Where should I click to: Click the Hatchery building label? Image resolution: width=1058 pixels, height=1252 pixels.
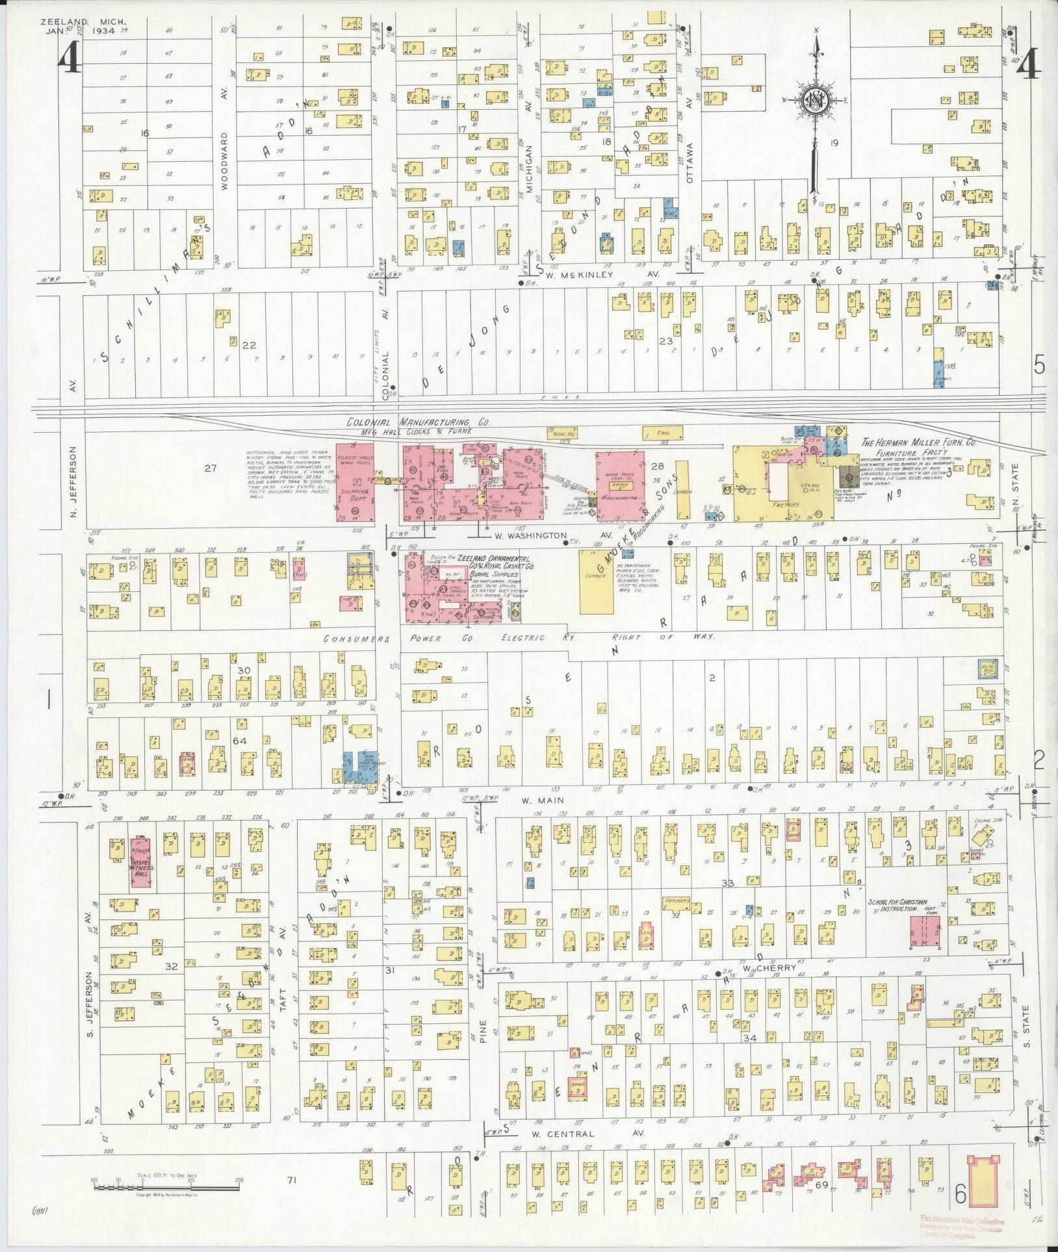(x=676, y=901)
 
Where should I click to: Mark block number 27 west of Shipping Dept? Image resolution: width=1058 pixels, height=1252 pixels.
(x=209, y=468)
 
